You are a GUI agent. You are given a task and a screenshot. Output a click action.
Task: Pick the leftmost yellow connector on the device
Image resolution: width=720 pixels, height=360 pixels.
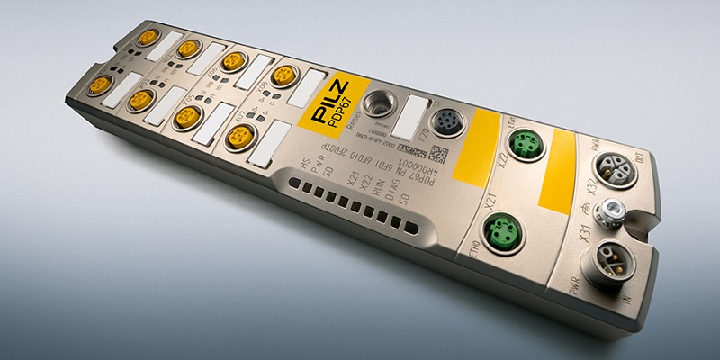(100, 85)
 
